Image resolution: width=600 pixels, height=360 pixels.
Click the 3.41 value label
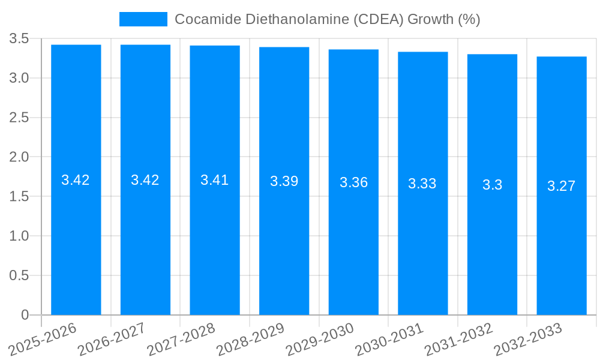coord(215,180)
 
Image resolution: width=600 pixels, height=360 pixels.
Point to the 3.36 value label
coord(353,182)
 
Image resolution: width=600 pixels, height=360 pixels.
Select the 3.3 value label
coord(492,185)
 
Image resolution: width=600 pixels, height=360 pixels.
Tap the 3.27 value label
coord(562,186)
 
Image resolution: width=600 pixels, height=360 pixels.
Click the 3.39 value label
coord(284,181)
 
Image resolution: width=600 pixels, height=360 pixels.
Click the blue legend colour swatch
coord(143,19)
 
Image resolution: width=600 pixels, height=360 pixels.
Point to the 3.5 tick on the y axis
coord(19,39)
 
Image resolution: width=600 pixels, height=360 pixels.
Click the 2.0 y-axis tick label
coord(19,157)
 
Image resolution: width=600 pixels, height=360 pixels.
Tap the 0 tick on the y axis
coord(25,315)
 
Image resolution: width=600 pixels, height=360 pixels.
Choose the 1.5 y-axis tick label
coord(19,197)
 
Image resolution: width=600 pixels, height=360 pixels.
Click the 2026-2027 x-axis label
coord(112,338)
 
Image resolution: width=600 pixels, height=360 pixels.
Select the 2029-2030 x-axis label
coord(320,338)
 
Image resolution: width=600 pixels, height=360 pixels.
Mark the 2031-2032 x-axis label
coord(459,338)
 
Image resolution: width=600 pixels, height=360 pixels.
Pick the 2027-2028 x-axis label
coord(181,338)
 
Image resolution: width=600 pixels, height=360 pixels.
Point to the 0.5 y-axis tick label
coord(19,276)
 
